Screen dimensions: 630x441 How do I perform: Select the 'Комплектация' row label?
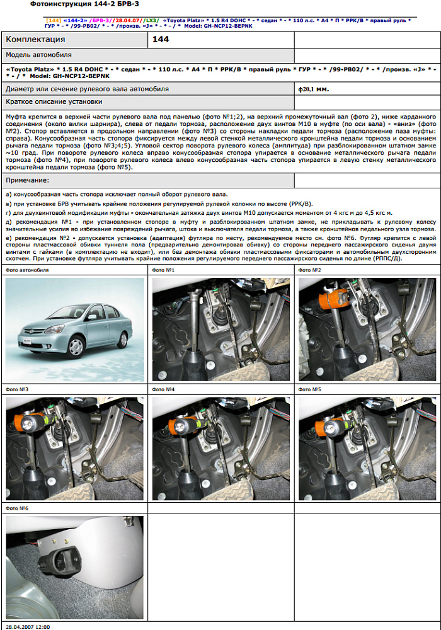[35, 39]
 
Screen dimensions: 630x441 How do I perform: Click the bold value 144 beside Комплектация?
[161, 39]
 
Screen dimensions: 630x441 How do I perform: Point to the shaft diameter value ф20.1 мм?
[314, 89]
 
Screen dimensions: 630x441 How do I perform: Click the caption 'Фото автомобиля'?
[26, 270]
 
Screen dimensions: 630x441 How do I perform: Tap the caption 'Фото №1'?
[163, 270]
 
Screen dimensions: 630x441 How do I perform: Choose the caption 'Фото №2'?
[309, 270]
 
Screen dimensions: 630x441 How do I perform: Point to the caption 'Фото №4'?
[163, 389]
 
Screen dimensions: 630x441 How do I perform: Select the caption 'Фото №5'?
[309, 389]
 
